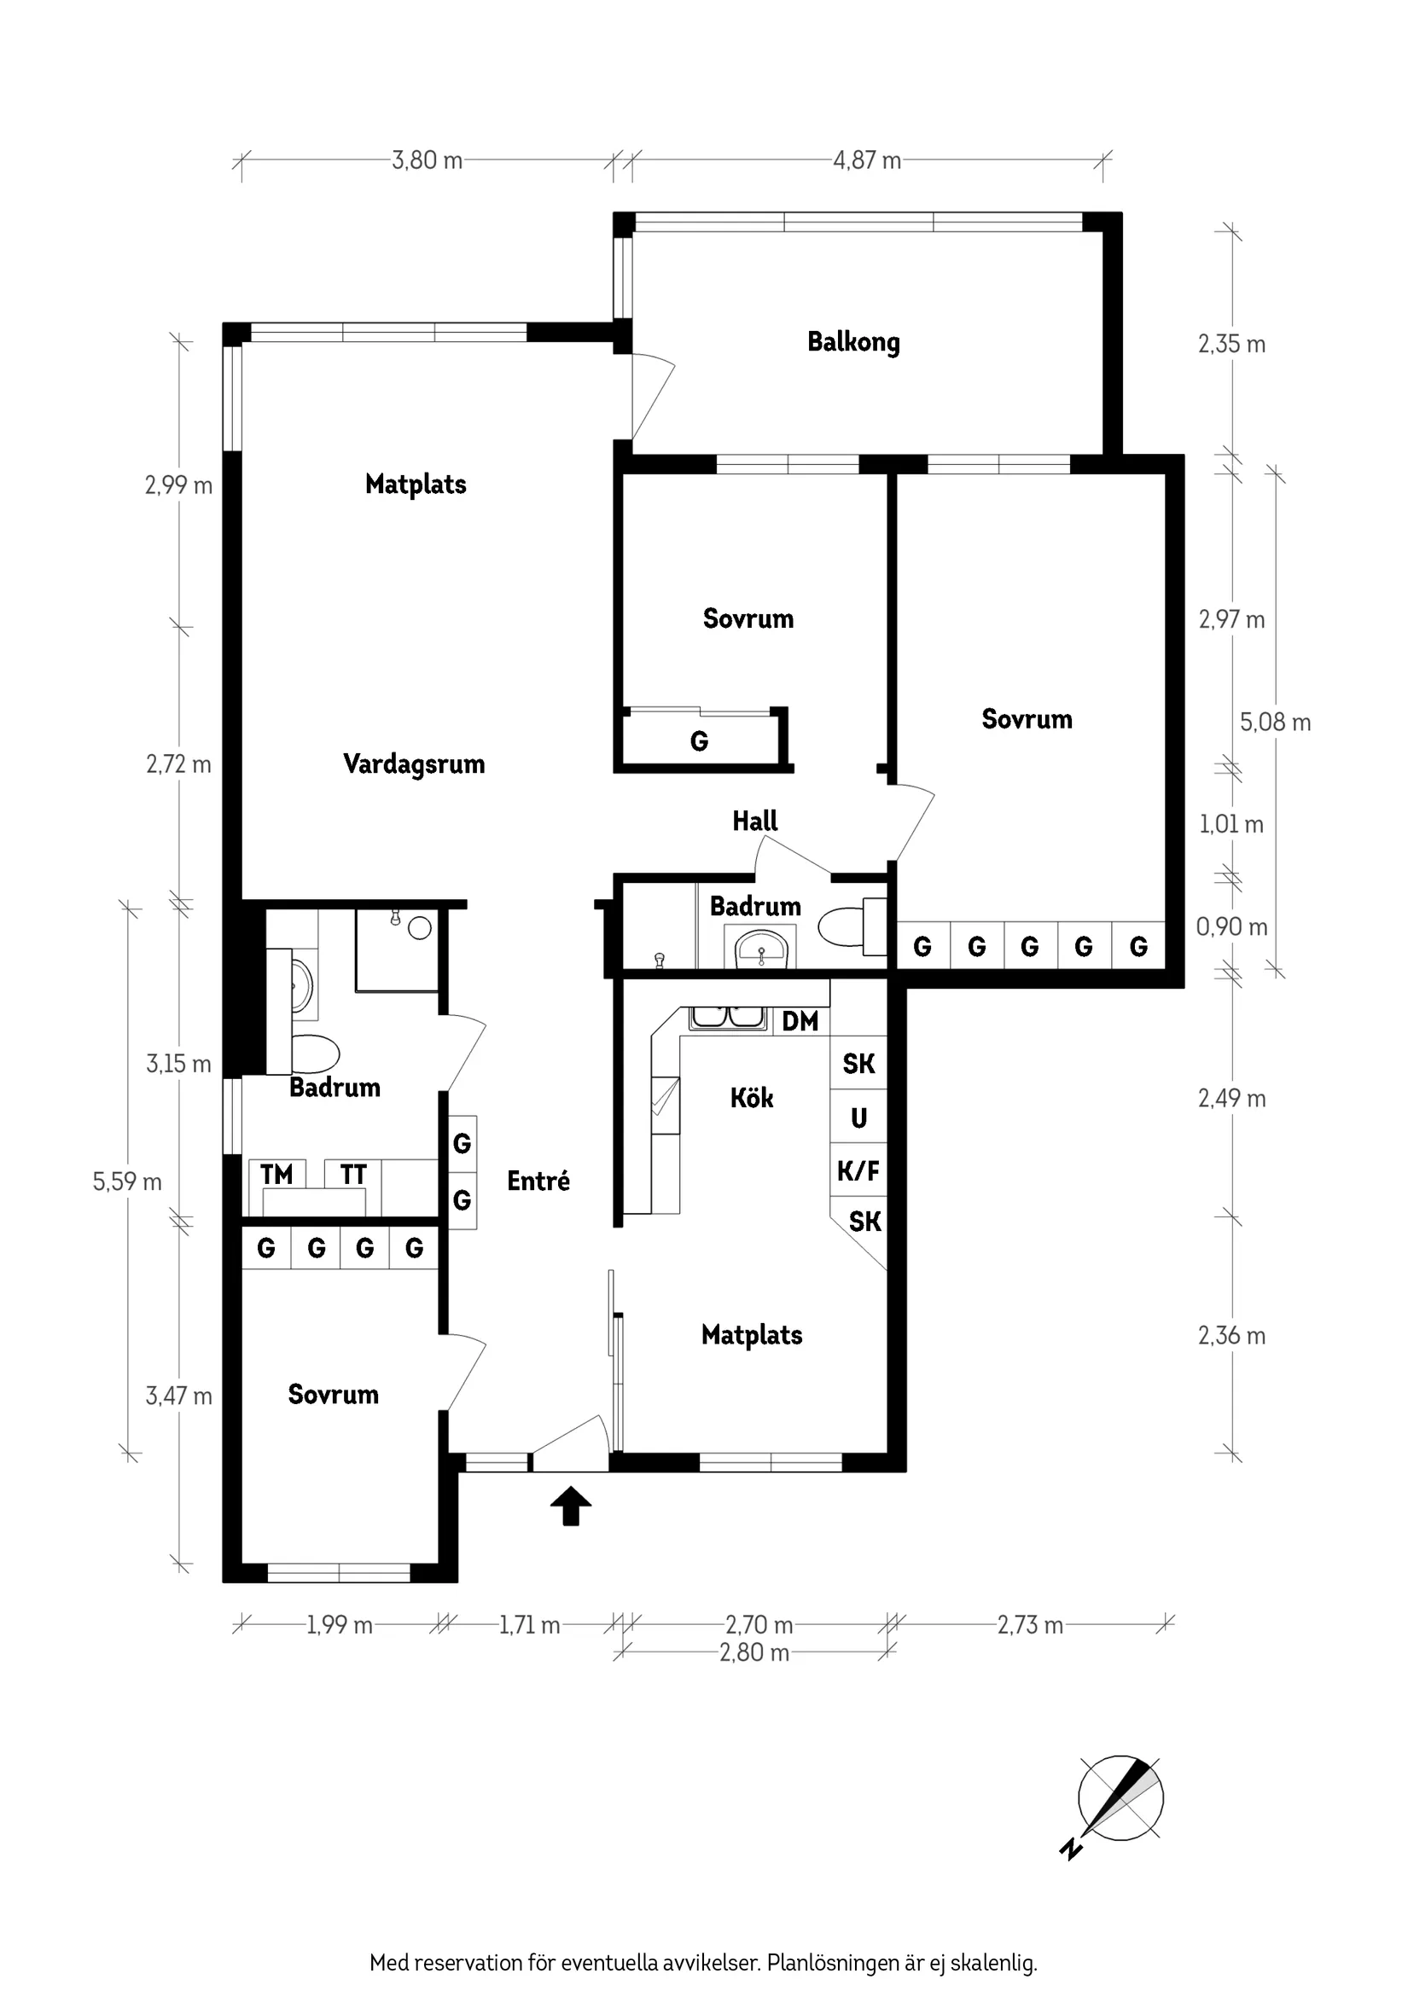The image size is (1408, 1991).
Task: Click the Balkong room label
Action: pos(853,342)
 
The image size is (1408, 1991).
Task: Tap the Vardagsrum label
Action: pos(414,764)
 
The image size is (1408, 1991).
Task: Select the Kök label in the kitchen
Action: pos(751,1098)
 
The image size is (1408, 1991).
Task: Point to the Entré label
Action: pos(538,1181)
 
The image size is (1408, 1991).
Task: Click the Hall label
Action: pos(754,821)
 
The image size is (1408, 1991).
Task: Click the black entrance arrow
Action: pos(571,1506)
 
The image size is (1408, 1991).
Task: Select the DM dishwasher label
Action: pos(800,1021)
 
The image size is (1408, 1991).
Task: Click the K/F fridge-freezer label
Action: pos(858,1170)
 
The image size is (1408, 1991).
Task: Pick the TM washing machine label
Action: pos(276,1174)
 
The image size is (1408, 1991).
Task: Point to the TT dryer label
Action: pos(353,1174)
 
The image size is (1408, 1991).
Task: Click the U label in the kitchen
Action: pos(858,1118)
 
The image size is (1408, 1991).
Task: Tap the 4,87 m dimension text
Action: pos(867,160)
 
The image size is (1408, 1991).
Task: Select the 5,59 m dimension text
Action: pos(127,1182)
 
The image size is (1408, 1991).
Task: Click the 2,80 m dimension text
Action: pos(754,1653)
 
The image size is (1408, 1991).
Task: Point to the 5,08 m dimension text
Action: pos(1275,723)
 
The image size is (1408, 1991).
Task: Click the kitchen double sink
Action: pos(727,1018)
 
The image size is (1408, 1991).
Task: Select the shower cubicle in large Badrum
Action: pos(397,950)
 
